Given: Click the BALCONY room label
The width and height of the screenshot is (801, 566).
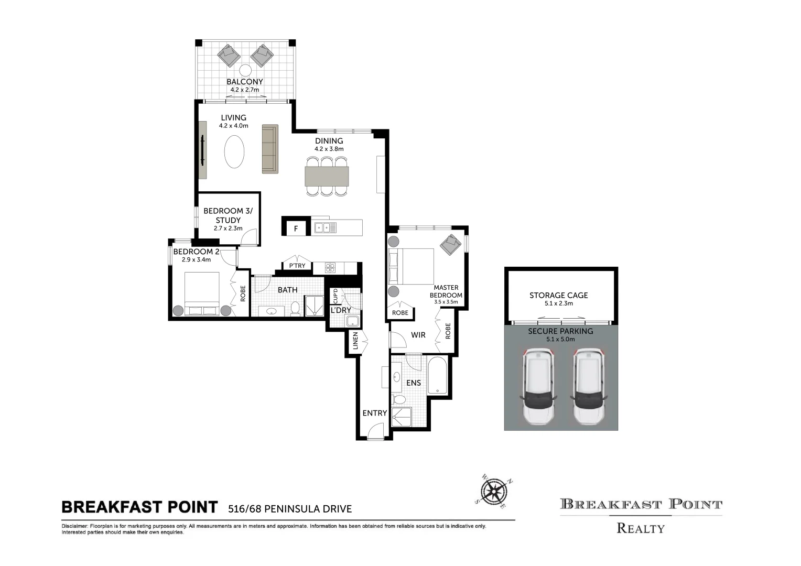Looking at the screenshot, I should pos(244,82).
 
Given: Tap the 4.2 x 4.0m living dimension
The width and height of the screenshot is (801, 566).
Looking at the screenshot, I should pos(233,126).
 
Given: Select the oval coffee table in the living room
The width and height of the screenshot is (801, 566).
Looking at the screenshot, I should pos(234,151).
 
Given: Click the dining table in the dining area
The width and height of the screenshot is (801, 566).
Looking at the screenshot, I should pos(327,176).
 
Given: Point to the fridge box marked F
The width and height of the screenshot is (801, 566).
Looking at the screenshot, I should pos(296,228).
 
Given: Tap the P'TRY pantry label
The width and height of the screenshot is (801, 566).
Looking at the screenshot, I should pos(297,266).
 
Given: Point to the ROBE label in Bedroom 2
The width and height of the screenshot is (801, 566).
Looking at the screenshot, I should pos(243,293).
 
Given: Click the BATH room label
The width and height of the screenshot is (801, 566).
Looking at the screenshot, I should pos(287,290).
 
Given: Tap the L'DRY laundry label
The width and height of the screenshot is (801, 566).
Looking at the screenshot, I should pos(341,310).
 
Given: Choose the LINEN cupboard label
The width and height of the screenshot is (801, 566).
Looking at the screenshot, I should pos(355,341).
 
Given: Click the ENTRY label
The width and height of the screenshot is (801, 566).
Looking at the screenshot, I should pos(374,413).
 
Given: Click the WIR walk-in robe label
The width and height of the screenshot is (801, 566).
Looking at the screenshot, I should pos(418,335).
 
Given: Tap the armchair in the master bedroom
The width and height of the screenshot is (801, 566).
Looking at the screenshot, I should pos(450,244).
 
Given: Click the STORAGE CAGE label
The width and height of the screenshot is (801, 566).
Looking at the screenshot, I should pos(558,296).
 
